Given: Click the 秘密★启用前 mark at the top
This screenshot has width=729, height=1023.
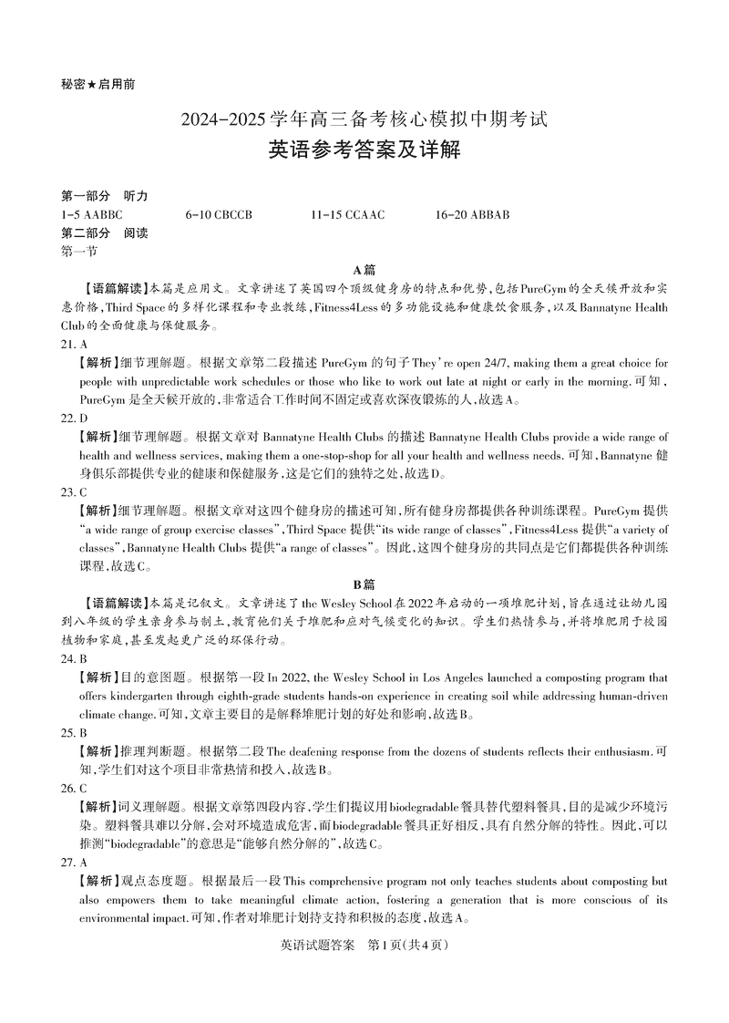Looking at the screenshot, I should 98,84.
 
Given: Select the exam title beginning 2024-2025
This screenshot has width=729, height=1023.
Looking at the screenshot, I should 364,119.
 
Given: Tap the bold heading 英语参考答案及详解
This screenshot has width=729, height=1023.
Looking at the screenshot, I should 364,150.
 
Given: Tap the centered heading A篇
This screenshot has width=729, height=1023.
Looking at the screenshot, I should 364,270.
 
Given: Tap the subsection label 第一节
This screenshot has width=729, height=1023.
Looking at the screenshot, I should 78,251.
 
